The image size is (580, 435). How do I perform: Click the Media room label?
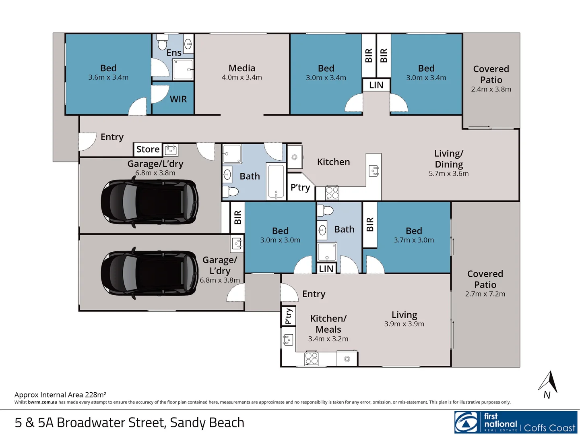coord(241,68)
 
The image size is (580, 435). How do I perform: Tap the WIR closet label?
coord(178,99)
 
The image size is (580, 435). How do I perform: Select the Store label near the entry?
coord(148,149)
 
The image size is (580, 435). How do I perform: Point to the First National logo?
coord(516,422)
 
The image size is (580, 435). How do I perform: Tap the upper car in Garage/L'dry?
coord(149,201)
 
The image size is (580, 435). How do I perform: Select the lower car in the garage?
coord(149,273)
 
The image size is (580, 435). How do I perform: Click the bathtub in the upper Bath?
coord(276,182)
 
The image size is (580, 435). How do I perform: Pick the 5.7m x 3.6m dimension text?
coord(448,174)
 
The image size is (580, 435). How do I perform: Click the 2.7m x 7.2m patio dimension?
coord(485,294)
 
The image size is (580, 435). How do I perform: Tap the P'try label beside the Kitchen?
coord(300,187)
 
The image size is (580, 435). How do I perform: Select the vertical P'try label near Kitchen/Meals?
coord(288,316)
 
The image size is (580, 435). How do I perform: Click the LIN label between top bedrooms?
coord(376,85)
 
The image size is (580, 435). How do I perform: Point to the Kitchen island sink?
coord(374,171)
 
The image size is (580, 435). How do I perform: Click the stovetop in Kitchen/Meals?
coord(311,358)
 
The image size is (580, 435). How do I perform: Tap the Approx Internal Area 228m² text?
coord(60,395)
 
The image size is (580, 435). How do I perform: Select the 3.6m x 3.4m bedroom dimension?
coord(108,77)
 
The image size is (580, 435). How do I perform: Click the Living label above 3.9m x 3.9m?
coord(404,315)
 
